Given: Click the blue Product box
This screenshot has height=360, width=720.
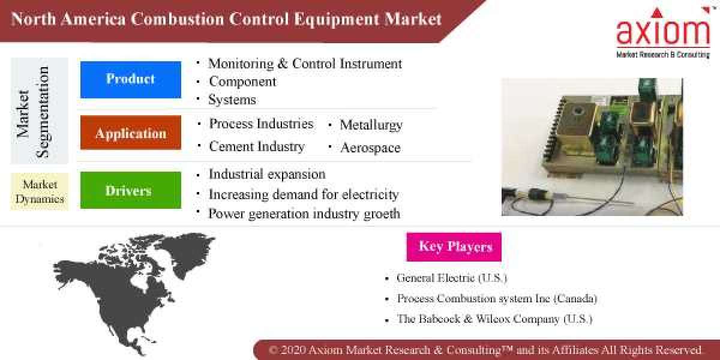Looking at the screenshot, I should click(x=130, y=79).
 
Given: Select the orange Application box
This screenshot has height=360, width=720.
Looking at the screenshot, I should click(x=130, y=133).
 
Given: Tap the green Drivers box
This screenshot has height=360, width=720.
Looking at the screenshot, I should click(x=130, y=190).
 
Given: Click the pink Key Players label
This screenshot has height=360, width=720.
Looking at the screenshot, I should click(x=454, y=247).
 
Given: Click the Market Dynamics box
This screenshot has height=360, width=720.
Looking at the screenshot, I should click(x=40, y=191).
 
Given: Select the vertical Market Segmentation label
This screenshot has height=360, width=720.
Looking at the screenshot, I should click(x=34, y=112).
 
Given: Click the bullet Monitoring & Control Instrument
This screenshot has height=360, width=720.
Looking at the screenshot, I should click(x=305, y=64).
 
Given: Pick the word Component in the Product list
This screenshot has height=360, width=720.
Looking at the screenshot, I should click(x=242, y=82).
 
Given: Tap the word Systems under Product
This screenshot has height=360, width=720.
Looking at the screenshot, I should click(x=232, y=100).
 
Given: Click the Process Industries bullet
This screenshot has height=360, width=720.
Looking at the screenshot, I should click(x=261, y=124).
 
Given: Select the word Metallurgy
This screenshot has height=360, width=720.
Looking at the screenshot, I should click(x=371, y=125).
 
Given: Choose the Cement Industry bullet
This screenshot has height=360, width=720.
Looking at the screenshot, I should click(x=256, y=146).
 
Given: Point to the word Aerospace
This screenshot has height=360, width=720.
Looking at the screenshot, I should click(x=370, y=148).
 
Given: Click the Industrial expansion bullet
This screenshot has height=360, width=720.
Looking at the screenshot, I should click(x=267, y=175).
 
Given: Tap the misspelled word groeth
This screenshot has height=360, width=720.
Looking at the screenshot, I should click(x=380, y=214).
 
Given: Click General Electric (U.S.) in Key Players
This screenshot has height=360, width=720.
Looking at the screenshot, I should click(x=452, y=278).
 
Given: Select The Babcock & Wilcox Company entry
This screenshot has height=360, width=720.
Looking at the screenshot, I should click(x=494, y=319).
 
